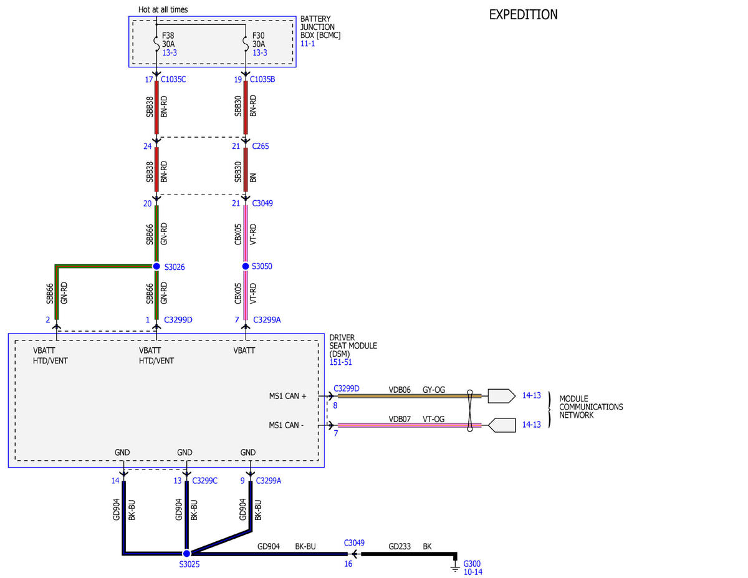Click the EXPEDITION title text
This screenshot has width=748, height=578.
(523, 14)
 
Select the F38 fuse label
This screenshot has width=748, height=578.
(168, 36)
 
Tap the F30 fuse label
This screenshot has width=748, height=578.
(258, 36)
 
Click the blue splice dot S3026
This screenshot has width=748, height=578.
(156, 266)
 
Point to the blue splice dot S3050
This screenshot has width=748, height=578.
(246, 266)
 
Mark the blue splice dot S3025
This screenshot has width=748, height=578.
(186, 554)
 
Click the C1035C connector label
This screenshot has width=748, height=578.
(173, 79)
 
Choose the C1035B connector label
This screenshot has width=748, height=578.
(262, 79)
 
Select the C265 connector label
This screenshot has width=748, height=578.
(260, 146)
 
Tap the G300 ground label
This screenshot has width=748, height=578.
(472, 564)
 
